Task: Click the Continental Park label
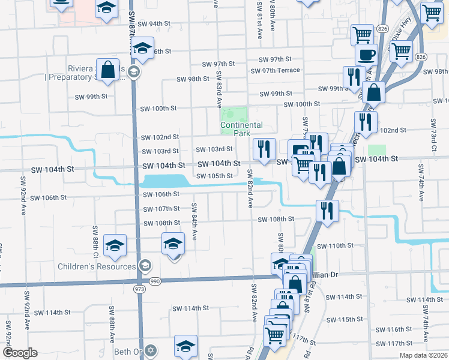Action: (241, 129)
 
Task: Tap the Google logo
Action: (20, 353)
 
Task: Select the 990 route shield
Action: (155, 281)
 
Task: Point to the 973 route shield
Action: (140, 289)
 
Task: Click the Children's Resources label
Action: (97, 266)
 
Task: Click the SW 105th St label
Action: (214, 176)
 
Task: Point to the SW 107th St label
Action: (161, 209)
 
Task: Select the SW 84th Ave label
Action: (194, 221)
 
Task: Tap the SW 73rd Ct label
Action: (433, 139)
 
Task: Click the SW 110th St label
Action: (336, 246)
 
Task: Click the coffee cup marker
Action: (366, 55)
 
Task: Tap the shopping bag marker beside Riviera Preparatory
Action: (108, 70)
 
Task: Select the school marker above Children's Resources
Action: (115, 245)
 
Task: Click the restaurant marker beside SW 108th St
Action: (328, 211)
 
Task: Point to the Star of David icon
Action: (151, 350)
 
